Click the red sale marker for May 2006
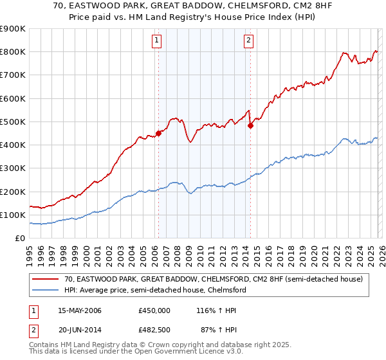tap(158, 134)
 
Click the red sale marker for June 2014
tap(250, 126)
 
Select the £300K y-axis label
tap(13, 168)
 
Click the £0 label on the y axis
tap(19, 239)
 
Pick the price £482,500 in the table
tap(154, 330)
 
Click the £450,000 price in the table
tap(154, 310)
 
